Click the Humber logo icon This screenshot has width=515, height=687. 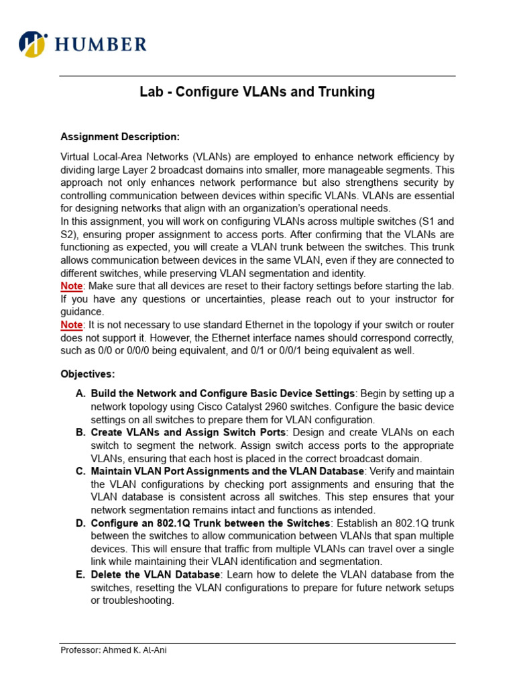pyautogui.click(x=33, y=44)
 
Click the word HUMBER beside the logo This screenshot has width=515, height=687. pyautogui.click(x=101, y=45)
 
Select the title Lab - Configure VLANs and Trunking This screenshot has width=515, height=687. pyautogui.click(x=257, y=92)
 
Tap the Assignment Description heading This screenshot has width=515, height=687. pyautogui.click(x=120, y=137)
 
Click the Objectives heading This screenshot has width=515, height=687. pyautogui.click(x=88, y=374)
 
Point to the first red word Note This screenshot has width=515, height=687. pyautogui.click(x=72, y=286)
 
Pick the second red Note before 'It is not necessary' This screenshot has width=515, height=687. pyautogui.click(x=72, y=325)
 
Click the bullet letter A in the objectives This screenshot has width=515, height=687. pyautogui.click(x=80, y=394)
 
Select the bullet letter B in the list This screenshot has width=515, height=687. pyautogui.click(x=80, y=433)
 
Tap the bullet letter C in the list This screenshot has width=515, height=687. pyautogui.click(x=80, y=472)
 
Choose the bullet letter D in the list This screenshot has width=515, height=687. pyautogui.click(x=80, y=523)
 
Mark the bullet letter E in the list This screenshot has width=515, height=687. pyautogui.click(x=80, y=575)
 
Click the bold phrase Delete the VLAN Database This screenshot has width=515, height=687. pyautogui.click(x=155, y=575)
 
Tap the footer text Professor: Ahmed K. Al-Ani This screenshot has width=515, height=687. pyautogui.click(x=113, y=650)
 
